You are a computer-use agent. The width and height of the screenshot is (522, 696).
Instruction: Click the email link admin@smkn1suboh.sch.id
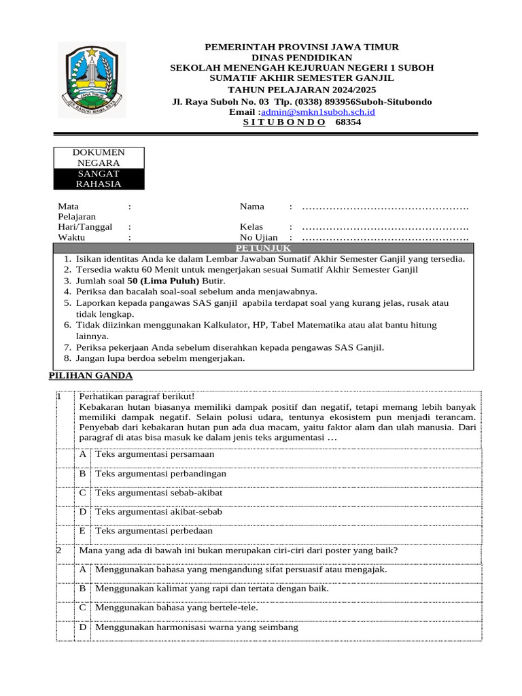click(x=318, y=112)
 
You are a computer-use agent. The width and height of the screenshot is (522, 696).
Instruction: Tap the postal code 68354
click(x=349, y=123)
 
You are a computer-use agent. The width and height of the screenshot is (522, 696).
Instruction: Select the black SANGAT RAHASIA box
click(x=99, y=179)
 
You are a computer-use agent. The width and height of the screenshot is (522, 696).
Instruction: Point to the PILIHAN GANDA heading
click(x=91, y=376)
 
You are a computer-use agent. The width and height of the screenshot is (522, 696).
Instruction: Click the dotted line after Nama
click(x=385, y=206)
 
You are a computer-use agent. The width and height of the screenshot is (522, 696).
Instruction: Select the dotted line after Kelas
click(x=385, y=226)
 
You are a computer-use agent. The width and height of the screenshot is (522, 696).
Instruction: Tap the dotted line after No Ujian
click(x=385, y=237)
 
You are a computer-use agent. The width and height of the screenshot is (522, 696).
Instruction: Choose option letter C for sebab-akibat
click(x=82, y=493)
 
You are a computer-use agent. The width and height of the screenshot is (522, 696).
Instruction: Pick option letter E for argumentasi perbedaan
click(x=82, y=531)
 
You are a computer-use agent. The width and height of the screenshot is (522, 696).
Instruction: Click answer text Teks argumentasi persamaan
click(x=155, y=454)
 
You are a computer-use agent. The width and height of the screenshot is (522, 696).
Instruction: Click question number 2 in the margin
click(x=59, y=551)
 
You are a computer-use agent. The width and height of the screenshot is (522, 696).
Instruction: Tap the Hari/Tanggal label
click(x=85, y=226)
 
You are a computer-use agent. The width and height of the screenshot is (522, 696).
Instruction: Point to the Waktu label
click(x=72, y=237)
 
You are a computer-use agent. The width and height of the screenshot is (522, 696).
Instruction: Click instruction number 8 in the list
click(x=67, y=358)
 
